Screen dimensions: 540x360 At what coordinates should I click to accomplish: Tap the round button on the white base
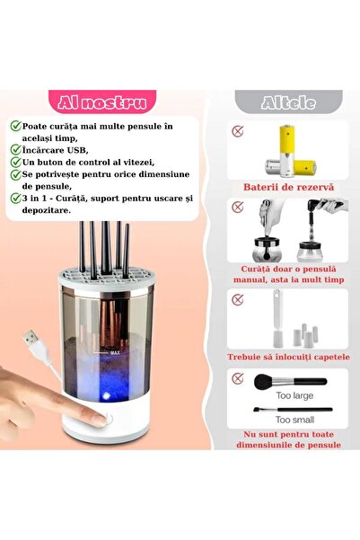click(x=110, y=418)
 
